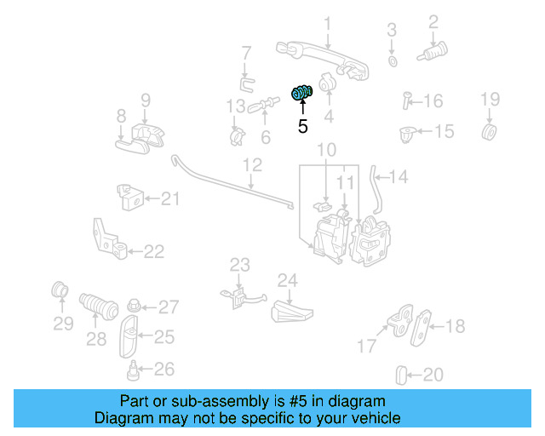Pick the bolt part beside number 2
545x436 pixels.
433,54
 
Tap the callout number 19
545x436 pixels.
490,100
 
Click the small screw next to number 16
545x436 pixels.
407,101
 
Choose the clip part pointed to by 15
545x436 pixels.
407,133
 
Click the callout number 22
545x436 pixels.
153,251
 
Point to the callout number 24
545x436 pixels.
287,280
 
